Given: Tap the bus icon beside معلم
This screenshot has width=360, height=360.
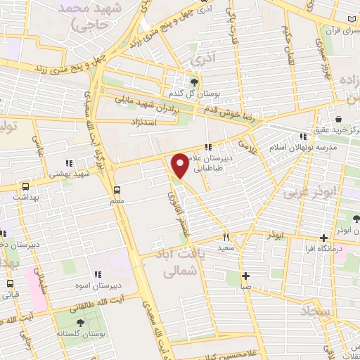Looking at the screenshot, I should click(117, 190).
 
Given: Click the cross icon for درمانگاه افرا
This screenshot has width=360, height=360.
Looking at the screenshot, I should click(323, 238).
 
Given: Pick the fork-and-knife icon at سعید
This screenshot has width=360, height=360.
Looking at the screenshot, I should click(226, 237).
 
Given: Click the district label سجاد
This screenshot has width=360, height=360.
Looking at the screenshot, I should click(318, 310).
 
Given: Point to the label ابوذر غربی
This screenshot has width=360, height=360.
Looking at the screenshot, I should click(310, 191).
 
